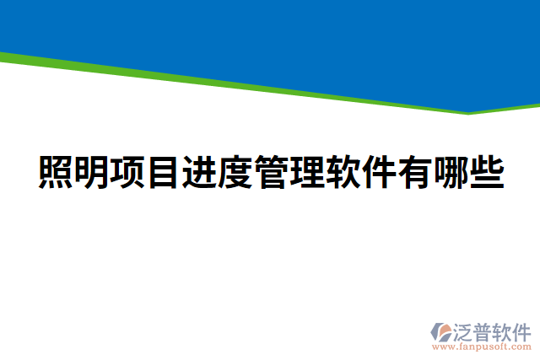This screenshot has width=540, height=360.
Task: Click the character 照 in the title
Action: pyautogui.click(x=57, y=174)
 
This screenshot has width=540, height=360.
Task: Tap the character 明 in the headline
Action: pyautogui.click(x=92, y=174)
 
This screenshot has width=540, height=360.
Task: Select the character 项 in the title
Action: pyautogui.click(x=128, y=174)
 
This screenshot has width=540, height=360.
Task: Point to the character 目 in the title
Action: pyautogui.click(x=164, y=174)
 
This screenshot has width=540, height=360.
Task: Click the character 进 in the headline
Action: pyautogui.click(x=199, y=174)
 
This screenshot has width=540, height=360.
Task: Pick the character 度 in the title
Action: pyautogui.click(x=235, y=174)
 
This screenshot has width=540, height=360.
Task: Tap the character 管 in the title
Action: pyautogui.click(x=271, y=174)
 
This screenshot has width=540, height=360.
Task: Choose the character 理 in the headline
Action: pyautogui.click(x=307, y=174)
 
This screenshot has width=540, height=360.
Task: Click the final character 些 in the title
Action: pyautogui.click(x=487, y=174)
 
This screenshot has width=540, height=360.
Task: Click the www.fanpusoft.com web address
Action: pyautogui.click(x=482, y=346)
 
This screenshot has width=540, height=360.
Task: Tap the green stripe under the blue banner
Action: pyautogui.click(x=253, y=84)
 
